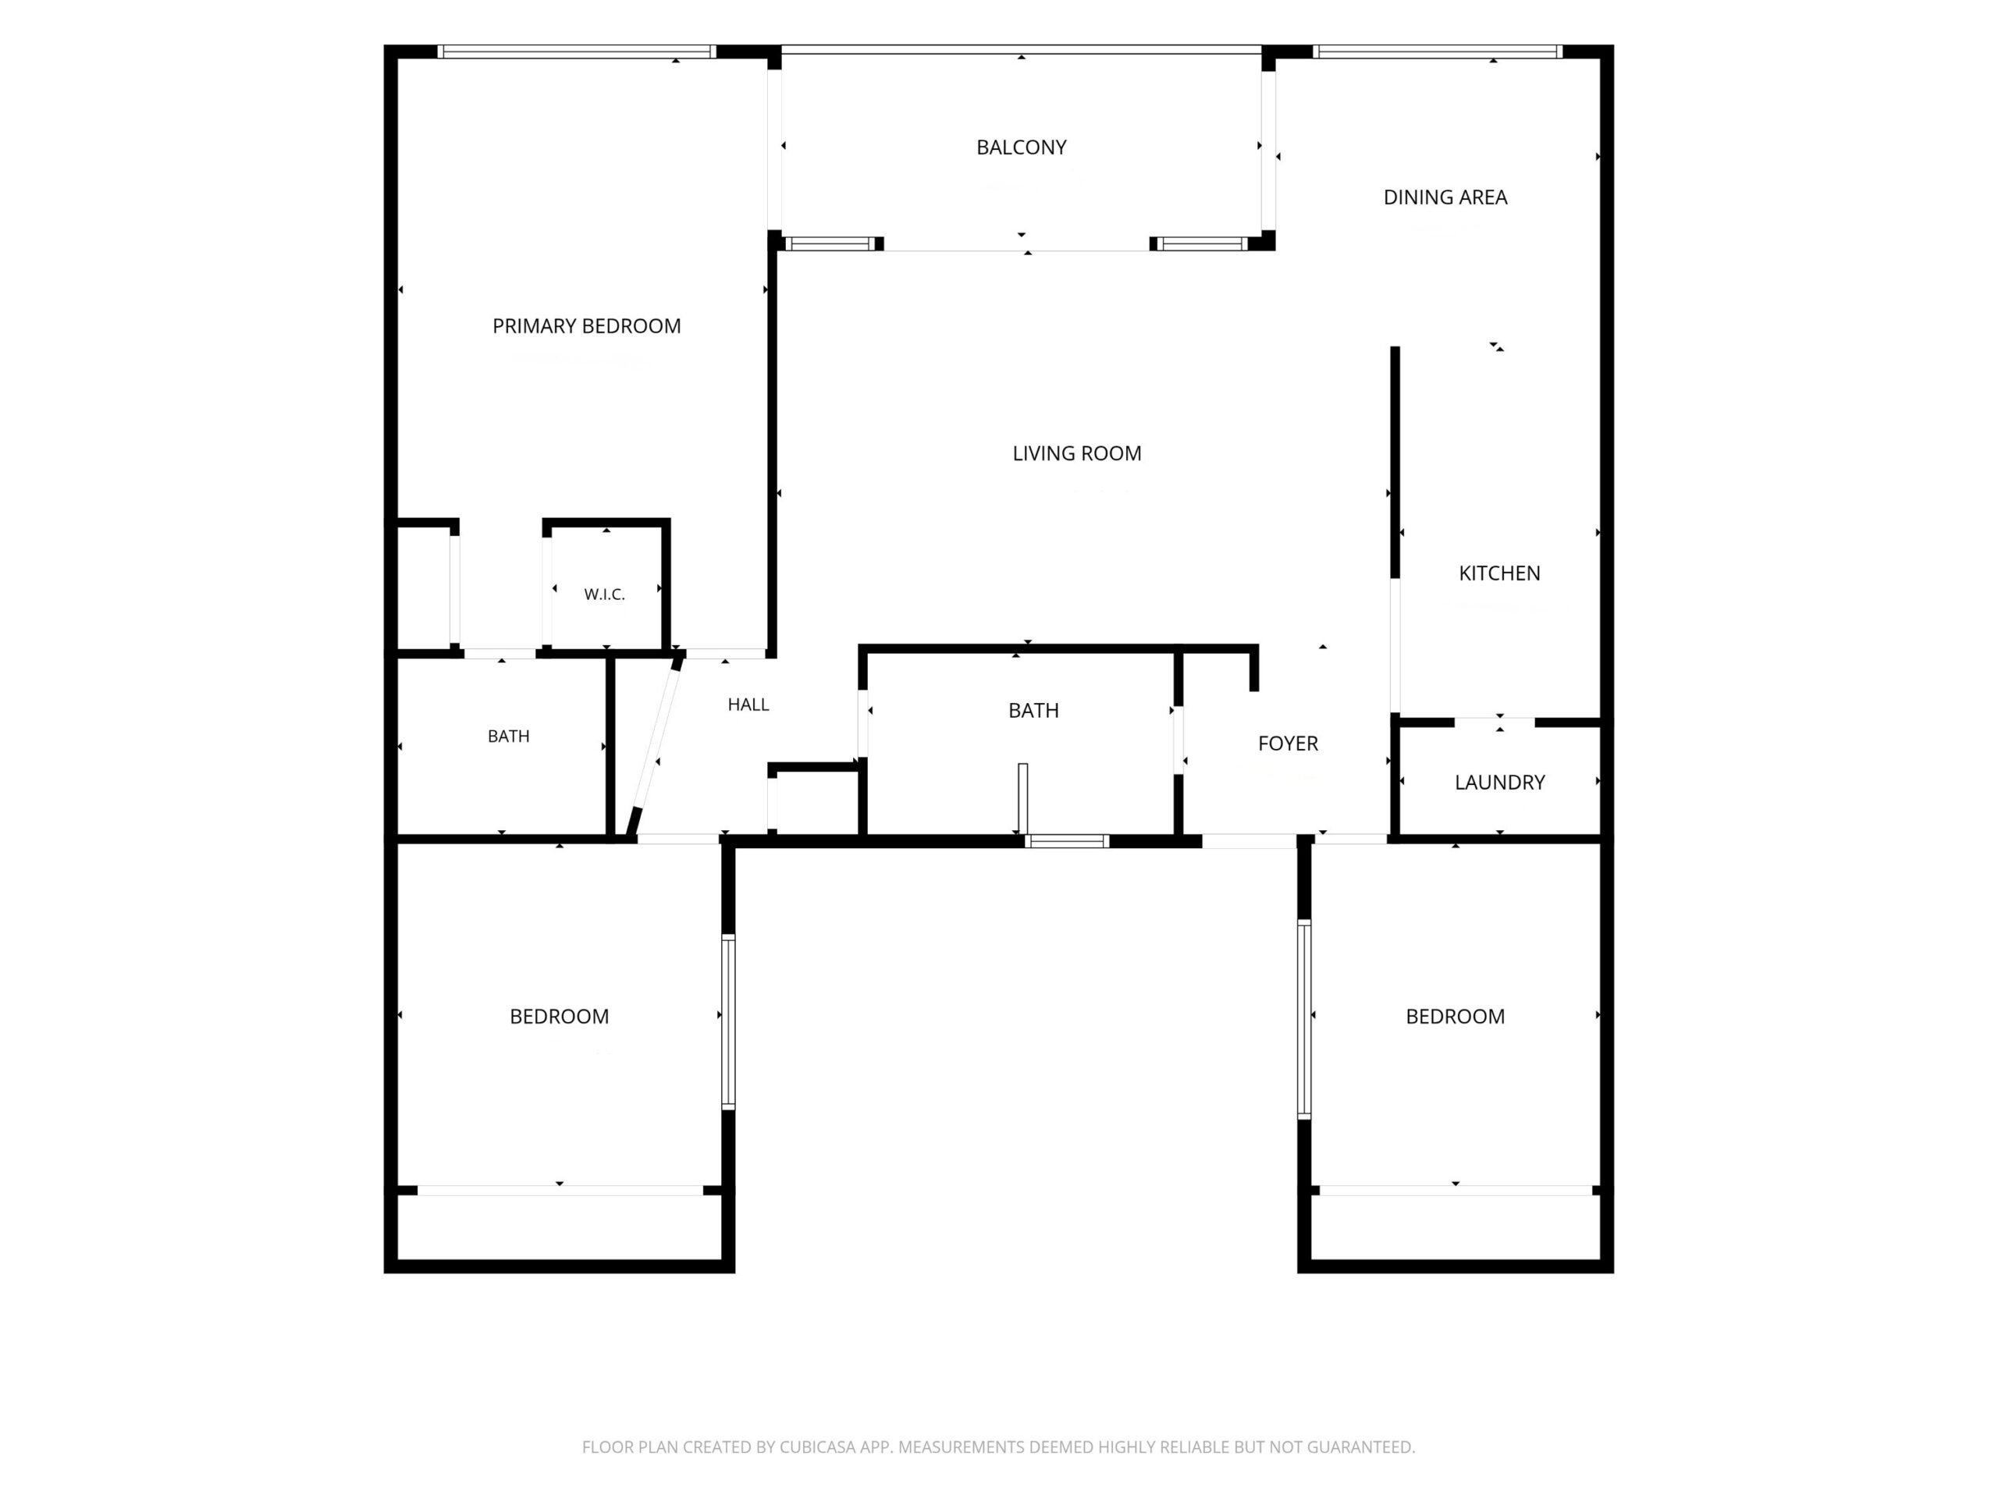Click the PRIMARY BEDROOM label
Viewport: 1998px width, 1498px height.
click(x=586, y=326)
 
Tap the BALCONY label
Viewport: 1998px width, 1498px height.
click(x=1022, y=147)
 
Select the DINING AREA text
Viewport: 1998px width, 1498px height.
click(x=1445, y=197)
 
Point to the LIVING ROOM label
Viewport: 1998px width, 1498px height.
click(x=1077, y=453)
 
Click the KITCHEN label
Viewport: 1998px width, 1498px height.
click(x=1499, y=573)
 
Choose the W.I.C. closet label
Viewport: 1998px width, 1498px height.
click(x=604, y=595)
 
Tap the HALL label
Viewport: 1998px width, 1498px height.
click(x=748, y=705)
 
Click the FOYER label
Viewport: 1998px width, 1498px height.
click(x=1288, y=743)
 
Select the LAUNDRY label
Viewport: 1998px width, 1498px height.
click(x=1499, y=782)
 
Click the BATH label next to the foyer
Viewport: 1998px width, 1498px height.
click(x=1033, y=711)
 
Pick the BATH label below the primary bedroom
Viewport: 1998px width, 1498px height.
click(x=509, y=736)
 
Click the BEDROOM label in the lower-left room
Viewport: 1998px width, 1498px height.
click(x=559, y=1017)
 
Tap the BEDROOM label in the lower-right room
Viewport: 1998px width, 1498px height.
click(x=1455, y=1017)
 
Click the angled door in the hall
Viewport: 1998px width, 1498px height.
click(x=656, y=746)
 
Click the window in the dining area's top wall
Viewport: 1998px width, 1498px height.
click(x=1438, y=51)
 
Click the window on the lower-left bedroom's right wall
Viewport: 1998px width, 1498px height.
click(x=728, y=1022)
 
